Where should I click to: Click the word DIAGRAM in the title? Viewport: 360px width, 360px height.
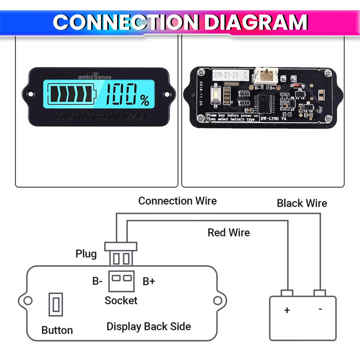(256, 22)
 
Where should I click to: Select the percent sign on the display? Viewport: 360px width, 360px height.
(145, 101)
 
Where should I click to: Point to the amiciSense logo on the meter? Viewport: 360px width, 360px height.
(95, 77)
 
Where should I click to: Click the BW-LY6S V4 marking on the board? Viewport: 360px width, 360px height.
(273, 119)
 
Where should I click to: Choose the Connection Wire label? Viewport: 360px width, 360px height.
(177, 201)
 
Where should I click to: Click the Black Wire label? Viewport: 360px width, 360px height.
(302, 203)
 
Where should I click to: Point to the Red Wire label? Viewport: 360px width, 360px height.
(229, 232)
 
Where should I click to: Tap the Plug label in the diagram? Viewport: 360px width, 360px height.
(86, 254)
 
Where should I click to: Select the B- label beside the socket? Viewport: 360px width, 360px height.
(97, 281)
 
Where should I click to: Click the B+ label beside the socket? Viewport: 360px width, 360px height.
(149, 281)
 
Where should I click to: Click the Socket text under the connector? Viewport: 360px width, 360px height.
(121, 301)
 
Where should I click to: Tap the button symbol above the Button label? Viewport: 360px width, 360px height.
(56, 304)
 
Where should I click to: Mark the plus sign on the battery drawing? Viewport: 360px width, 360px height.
(287, 310)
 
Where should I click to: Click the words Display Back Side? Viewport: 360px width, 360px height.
(149, 327)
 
